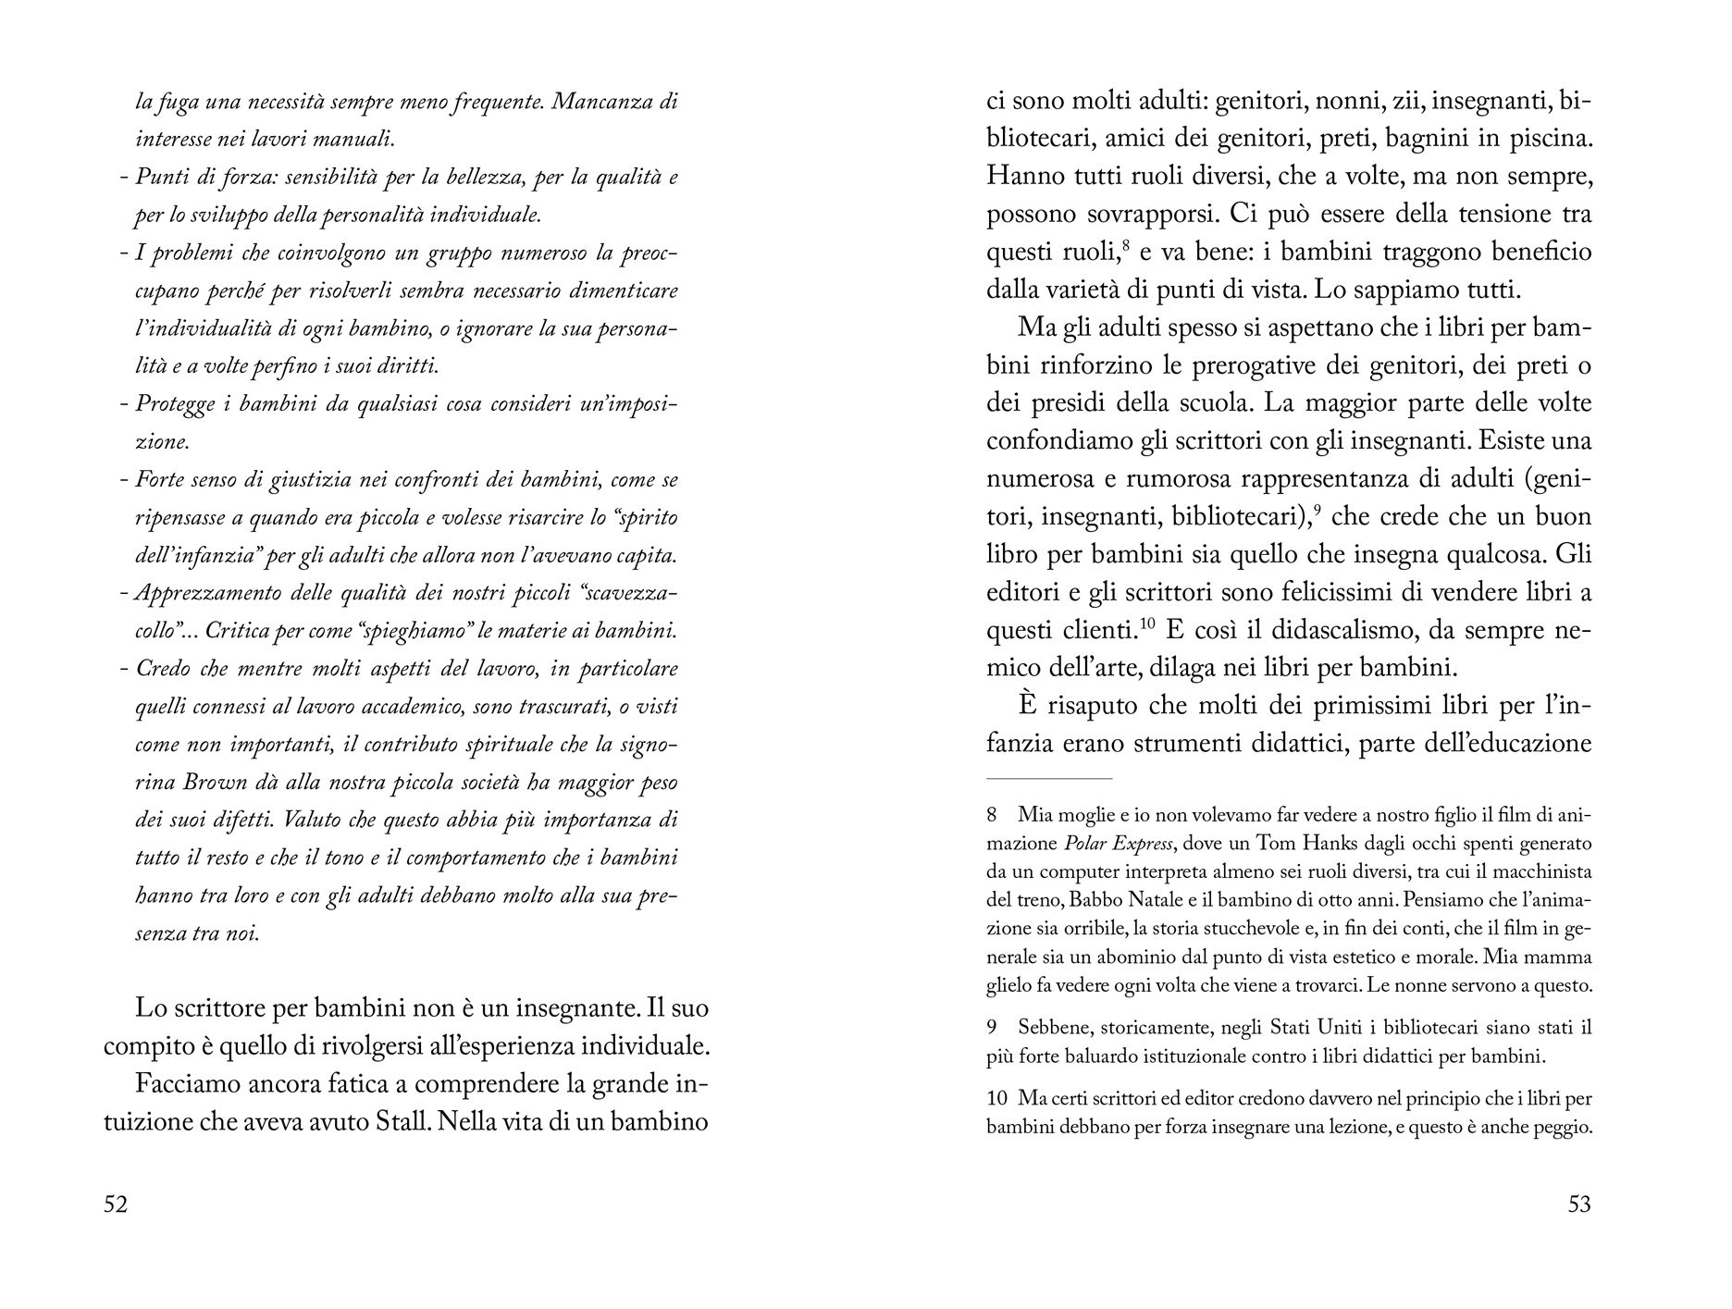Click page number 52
(x=116, y=1204)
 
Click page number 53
(x=1579, y=1204)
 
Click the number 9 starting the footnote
(x=992, y=1028)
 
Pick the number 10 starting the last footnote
(x=996, y=1099)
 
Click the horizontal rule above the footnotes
(x=1049, y=779)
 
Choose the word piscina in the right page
(x=1542, y=139)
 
